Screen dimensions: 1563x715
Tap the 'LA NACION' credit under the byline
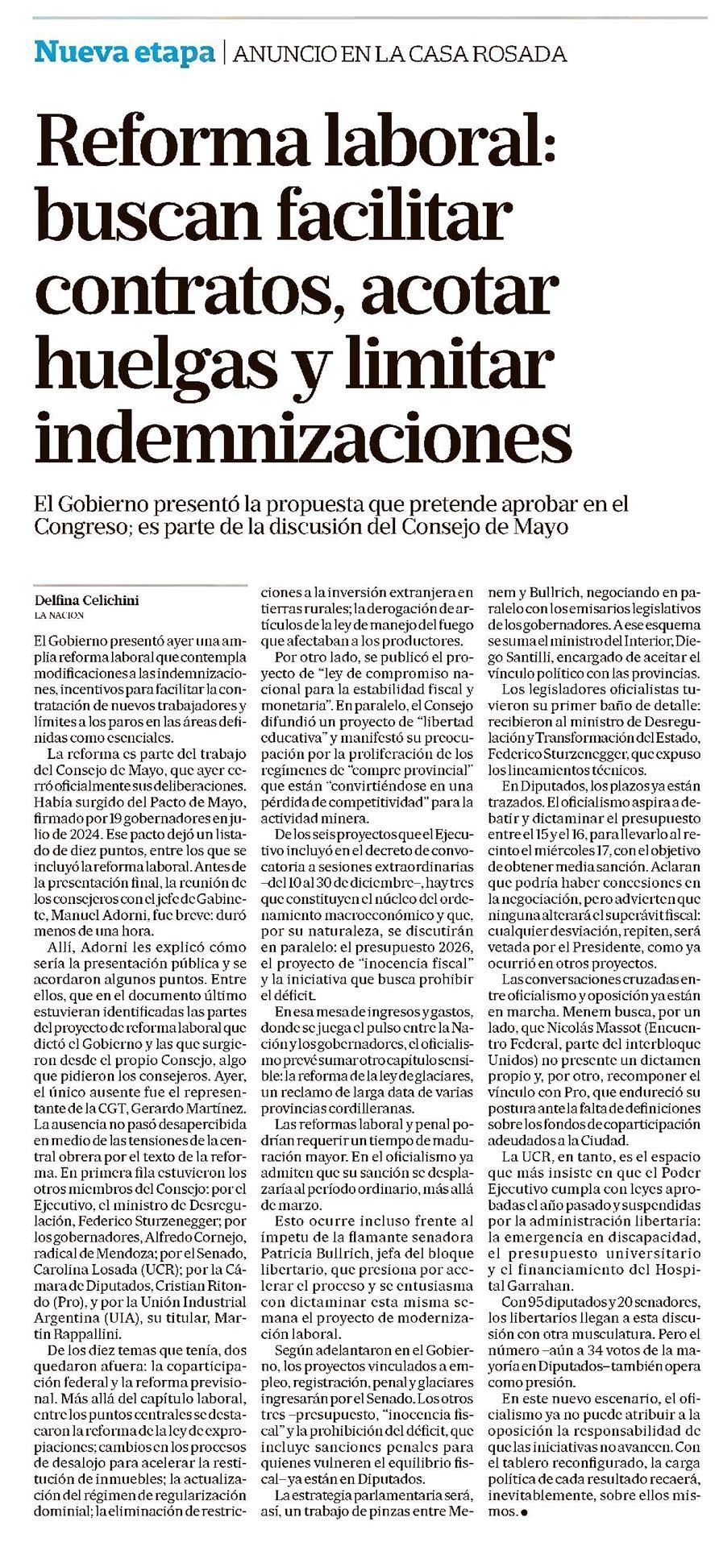coord(59,615)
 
